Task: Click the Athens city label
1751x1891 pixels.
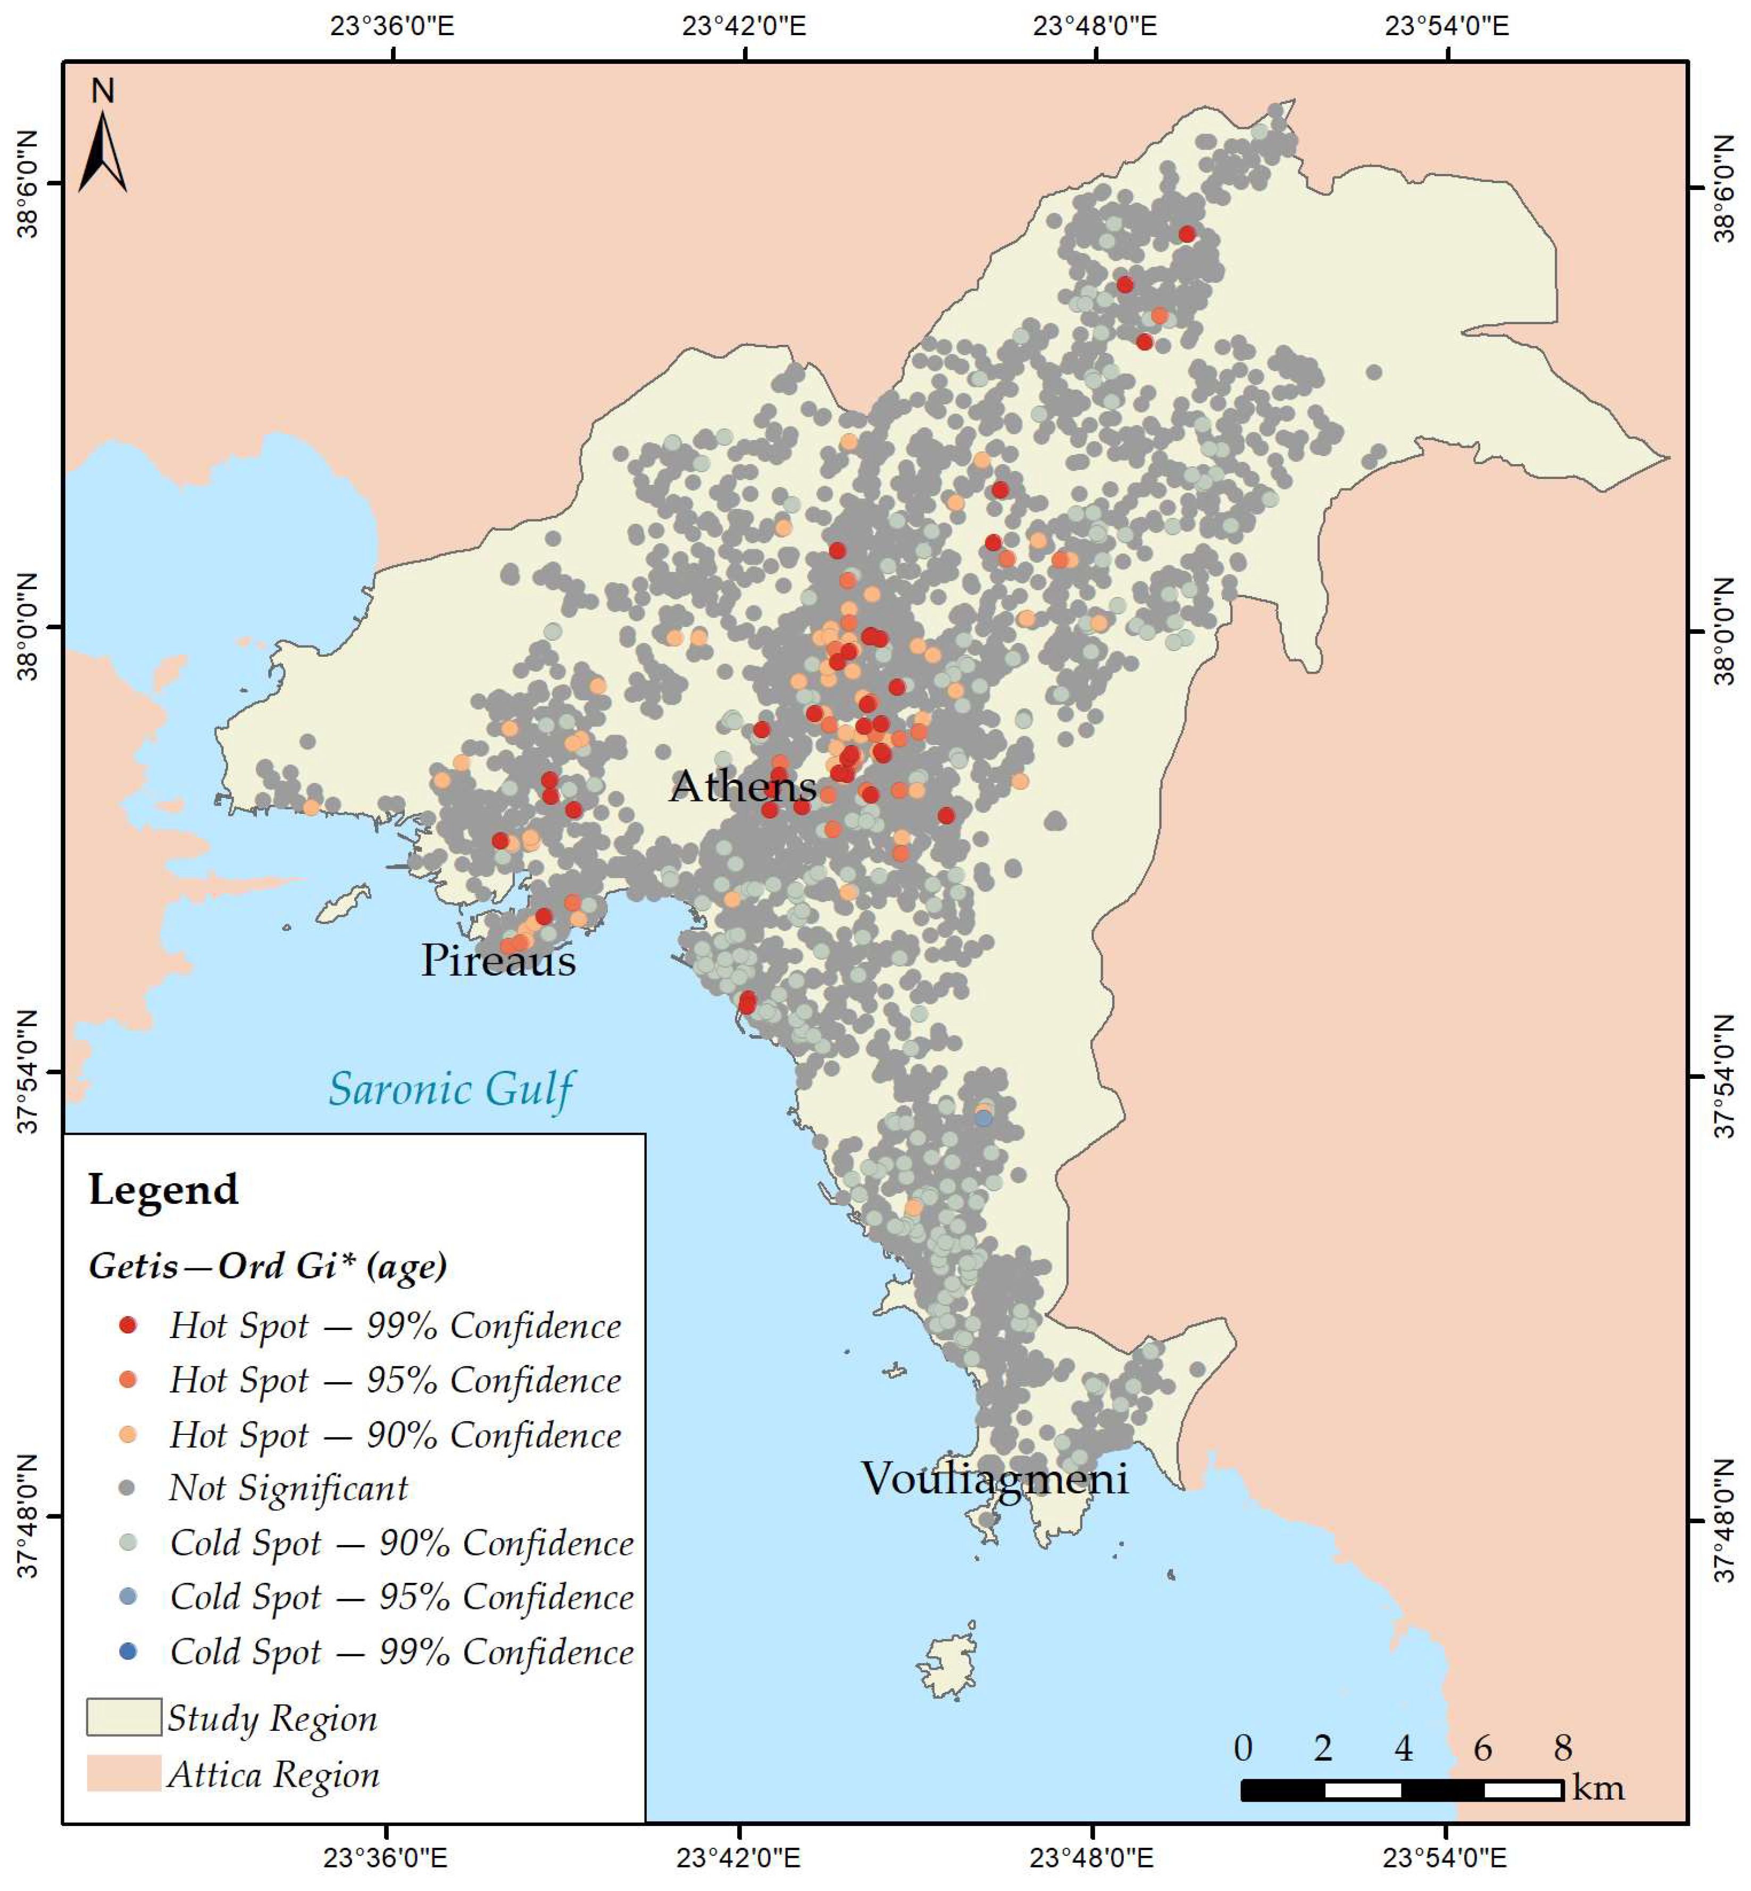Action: tap(743, 787)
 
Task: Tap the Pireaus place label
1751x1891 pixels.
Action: tap(498, 960)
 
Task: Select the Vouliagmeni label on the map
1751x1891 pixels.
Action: tap(994, 1478)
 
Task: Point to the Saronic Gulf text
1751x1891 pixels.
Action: tap(451, 1088)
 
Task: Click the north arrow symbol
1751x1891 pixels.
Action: tap(102, 152)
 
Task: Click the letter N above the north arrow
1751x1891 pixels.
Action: tap(102, 91)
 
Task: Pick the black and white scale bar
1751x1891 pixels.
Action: tap(1402, 1789)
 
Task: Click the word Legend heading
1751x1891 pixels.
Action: tap(163, 1188)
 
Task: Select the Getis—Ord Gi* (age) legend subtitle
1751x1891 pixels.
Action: tap(267, 1266)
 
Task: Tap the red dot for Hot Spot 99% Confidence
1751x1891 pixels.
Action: tap(128, 1325)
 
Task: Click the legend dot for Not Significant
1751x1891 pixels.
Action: tap(128, 1488)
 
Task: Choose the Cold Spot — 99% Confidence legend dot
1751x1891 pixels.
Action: tap(128, 1651)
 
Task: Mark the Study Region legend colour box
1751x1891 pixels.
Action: tap(123, 1717)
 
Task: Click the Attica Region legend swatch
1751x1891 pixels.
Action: tap(123, 1772)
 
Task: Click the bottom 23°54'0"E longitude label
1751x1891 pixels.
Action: tap(1445, 1857)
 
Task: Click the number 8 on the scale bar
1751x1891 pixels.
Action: tap(1563, 1747)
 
